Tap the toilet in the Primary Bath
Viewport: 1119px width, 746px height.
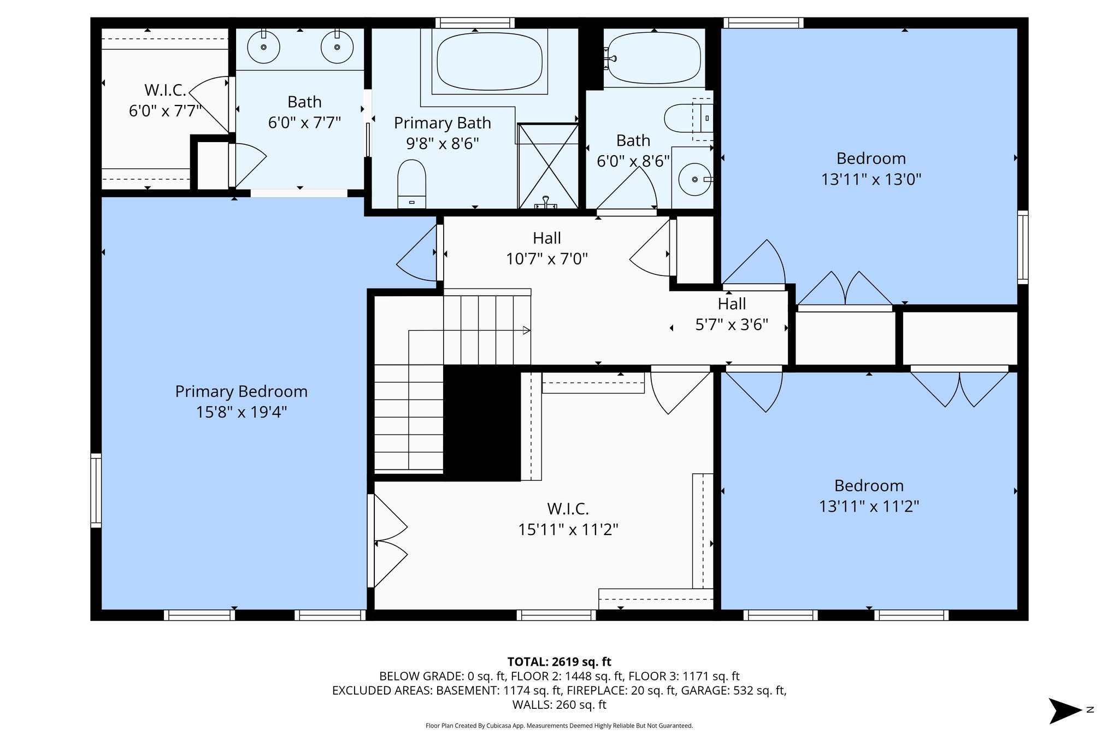pos(411,184)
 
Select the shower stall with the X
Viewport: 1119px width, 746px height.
pos(548,166)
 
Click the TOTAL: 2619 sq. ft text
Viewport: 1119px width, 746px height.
pos(559,662)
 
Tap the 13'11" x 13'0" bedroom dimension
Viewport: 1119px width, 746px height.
pos(871,179)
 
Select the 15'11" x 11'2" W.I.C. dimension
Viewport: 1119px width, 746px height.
pos(568,530)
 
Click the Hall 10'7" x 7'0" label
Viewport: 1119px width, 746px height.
pos(547,248)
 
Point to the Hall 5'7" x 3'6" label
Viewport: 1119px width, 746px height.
pos(732,314)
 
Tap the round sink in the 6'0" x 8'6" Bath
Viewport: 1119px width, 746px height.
pos(695,179)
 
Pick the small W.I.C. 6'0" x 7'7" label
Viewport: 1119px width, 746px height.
pos(166,101)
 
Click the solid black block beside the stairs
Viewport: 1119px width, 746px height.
pos(482,424)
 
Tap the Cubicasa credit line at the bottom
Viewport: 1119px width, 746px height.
pos(559,726)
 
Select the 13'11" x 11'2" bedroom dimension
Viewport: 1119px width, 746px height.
pos(869,507)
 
